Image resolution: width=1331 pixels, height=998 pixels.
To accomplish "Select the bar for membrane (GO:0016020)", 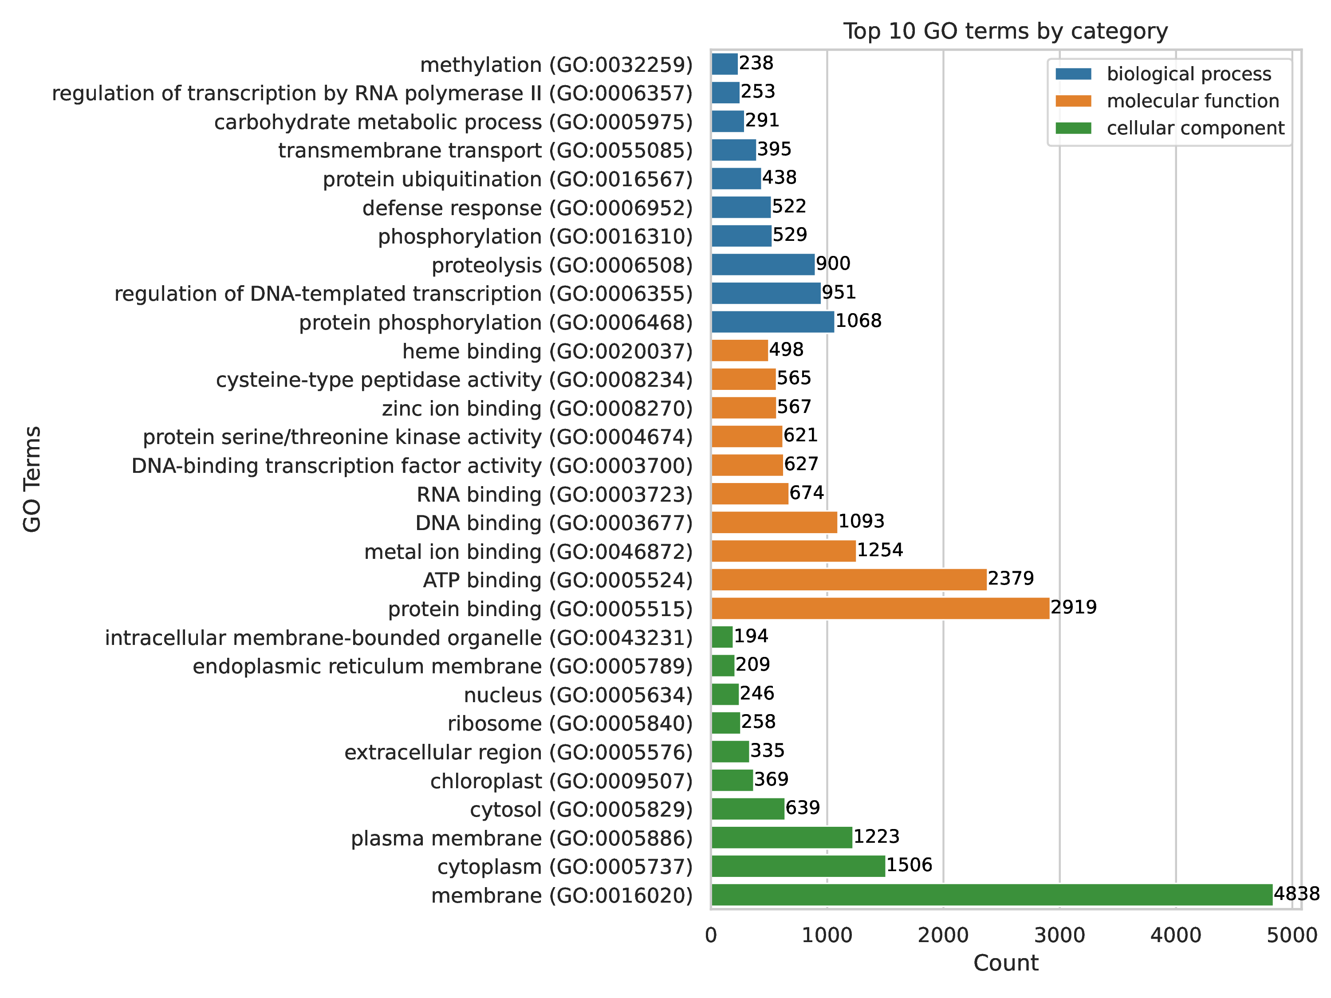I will (x=992, y=895).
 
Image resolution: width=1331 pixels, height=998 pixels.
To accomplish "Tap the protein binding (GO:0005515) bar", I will (x=880, y=609).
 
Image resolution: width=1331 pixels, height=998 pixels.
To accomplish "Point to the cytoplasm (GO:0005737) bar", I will (x=798, y=866).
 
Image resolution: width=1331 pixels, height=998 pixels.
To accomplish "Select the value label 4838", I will (x=1296, y=894).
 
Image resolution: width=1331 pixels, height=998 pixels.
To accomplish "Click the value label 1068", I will (x=858, y=321).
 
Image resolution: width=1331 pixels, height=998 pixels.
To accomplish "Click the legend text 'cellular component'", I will (x=1195, y=128).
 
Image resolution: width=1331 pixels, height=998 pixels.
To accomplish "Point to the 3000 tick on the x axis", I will (x=1059, y=935).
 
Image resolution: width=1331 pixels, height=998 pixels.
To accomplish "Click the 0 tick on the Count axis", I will (x=711, y=935).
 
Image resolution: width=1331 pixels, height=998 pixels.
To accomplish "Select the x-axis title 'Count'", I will (x=1005, y=963).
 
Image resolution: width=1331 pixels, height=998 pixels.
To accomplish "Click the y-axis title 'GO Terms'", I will (x=32, y=479).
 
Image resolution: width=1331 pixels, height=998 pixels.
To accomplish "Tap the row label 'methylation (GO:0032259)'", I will (x=556, y=65).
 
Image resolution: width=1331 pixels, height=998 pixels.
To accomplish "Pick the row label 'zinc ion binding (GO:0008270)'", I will (x=537, y=409).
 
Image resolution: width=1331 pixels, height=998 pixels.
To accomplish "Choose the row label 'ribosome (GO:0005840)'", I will (x=570, y=724).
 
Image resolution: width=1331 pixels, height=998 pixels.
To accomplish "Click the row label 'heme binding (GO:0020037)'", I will (x=547, y=351).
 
